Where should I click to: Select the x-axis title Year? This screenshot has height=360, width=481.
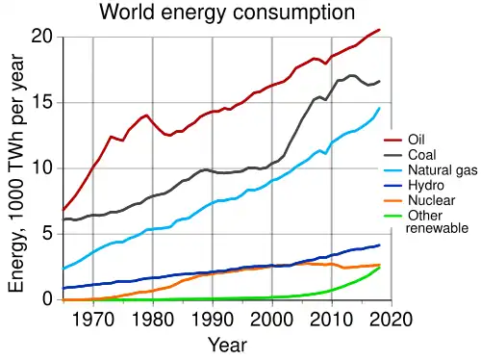[227, 344]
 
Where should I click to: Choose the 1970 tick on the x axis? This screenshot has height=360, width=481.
[92, 319]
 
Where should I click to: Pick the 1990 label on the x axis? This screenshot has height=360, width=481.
[213, 319]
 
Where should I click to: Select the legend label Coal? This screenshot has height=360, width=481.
[421, 155]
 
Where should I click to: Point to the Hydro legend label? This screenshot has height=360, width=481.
[425, 186]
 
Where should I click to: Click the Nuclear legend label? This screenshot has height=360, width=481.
[431, 200]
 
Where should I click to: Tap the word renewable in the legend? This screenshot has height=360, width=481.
[437, 229]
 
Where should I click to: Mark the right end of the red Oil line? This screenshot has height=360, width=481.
[380, 30]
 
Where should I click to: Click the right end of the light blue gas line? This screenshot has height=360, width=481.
[380, 108]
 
